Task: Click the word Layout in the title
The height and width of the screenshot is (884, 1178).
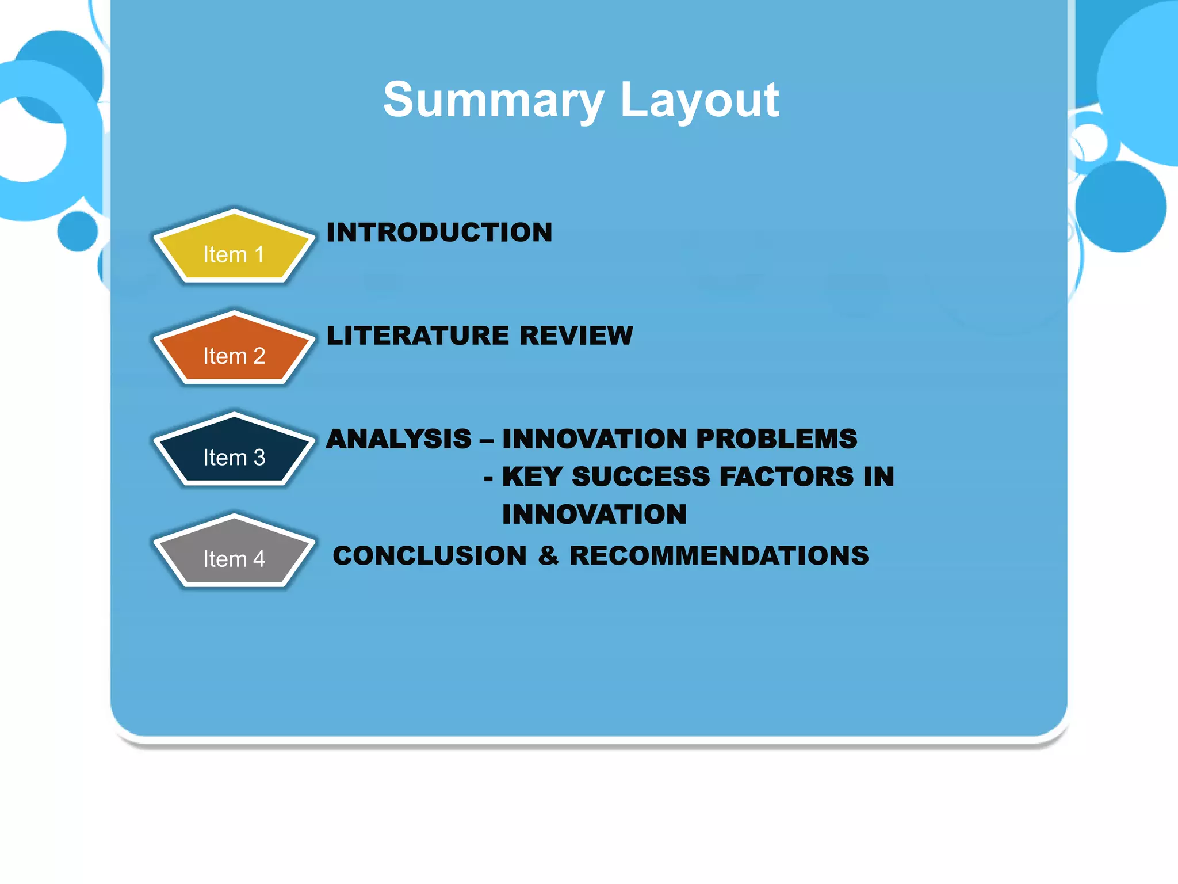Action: pos(699,100)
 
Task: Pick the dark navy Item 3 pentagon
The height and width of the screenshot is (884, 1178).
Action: pos(234,452)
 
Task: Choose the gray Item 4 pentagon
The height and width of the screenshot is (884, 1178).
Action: pos(234,553)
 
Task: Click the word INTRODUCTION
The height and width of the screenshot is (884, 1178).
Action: pos(439,233)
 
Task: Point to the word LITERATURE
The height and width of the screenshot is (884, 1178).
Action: pos(418,336)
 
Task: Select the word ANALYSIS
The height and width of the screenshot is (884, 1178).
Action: pos(399,439)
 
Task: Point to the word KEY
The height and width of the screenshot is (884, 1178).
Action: pos(532,477)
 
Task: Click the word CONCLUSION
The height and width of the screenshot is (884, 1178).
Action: pos(430,556)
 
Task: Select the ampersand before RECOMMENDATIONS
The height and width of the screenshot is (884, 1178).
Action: pos(549,556)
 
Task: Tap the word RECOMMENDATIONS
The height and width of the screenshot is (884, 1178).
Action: pos(719,556)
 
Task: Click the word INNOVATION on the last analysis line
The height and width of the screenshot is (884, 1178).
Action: pos(594,515)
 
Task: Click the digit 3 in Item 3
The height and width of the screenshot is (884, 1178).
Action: pos(259,458)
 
